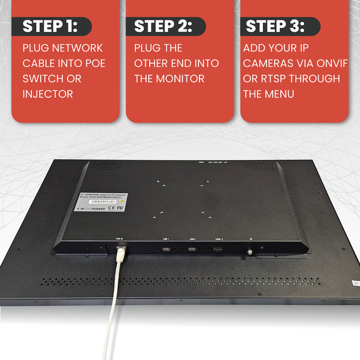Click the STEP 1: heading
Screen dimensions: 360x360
pos(50,26)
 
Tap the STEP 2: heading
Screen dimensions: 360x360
pos(163,26)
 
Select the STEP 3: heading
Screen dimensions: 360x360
pos(275,26)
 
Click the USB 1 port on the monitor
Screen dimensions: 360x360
pos(166,249)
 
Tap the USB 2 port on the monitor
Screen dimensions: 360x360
pos(192,249)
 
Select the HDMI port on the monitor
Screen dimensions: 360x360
pos(218,250)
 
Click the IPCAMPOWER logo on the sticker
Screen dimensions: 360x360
pos(91,209)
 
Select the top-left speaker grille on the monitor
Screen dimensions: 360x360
pos(106,166)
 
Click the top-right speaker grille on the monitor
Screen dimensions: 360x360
pos(256,166)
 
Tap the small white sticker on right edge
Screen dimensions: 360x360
pos(355,282)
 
